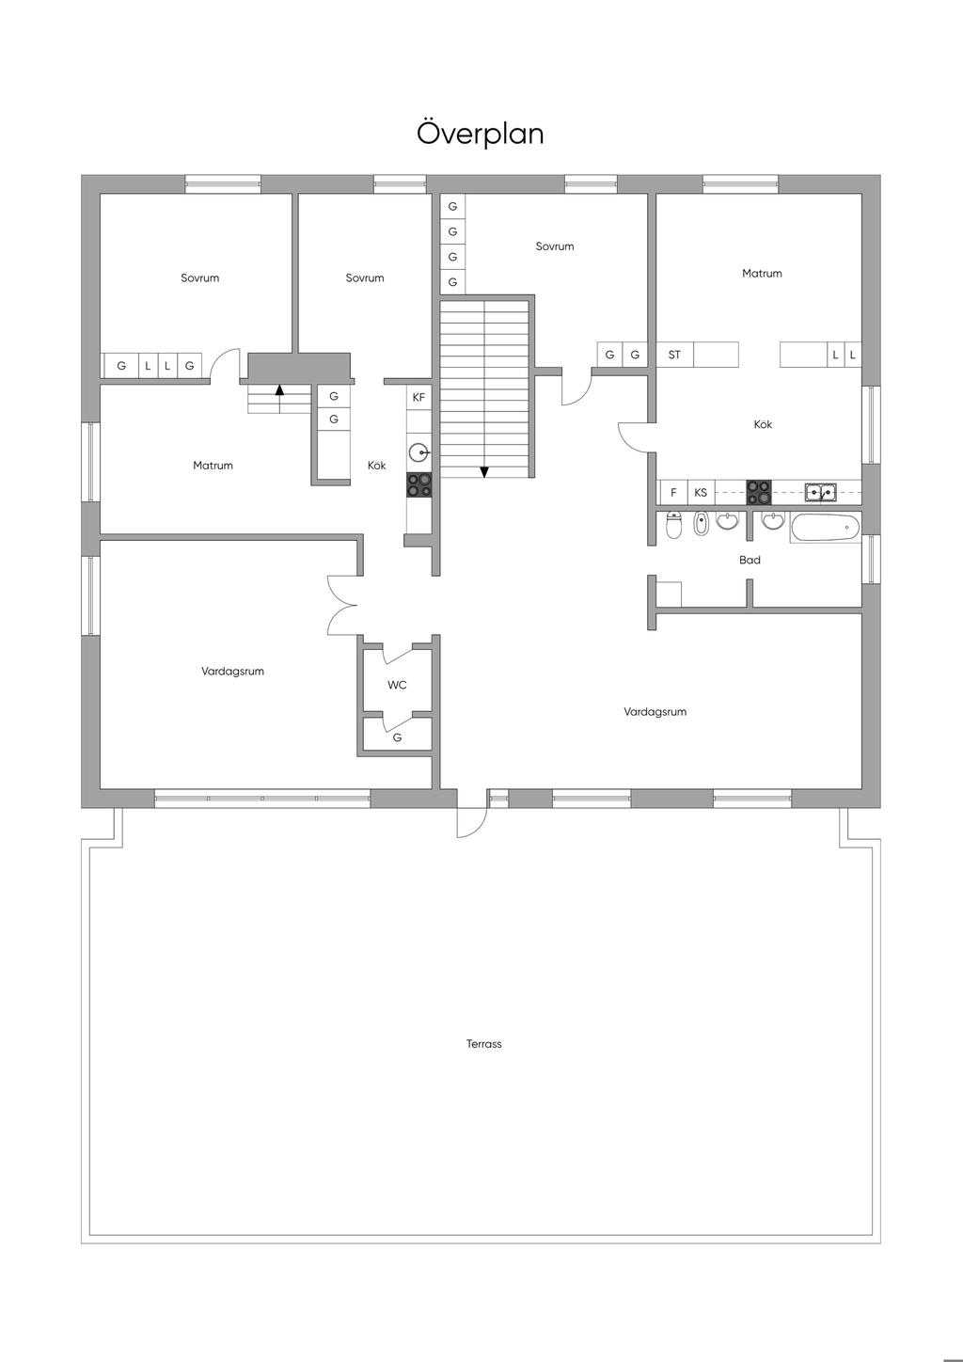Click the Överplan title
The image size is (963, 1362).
click(x=480, y=134)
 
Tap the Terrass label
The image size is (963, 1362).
click(x=484, y=1044)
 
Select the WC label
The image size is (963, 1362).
click(x=397, y=686)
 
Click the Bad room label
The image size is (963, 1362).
click(x=750, y=560)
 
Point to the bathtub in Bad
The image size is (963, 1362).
click(x=825, y=527)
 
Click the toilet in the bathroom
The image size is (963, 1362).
click(x=673, y=526)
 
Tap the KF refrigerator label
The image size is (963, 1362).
click(x=418, y=398)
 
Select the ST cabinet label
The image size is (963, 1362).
click(x=674, y=356)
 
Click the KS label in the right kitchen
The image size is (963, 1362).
click(x=701, y=493)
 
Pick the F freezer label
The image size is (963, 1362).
click(x=673, y=493)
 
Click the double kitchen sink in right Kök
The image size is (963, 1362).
click(x=821, y=492)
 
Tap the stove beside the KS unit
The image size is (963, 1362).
click(x=759, y=493)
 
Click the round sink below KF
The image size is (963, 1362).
click(x=418, y=453)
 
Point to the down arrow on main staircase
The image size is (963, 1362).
click(x=484, y=472)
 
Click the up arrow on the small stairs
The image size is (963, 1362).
click(x=279, y=389)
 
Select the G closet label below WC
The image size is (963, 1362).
click(x=397, y=737)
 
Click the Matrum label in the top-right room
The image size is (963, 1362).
click(x=762, y=274)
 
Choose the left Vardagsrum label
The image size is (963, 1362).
click(x=232, y=672)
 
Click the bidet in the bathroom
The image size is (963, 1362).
click(x=701, y=524)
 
